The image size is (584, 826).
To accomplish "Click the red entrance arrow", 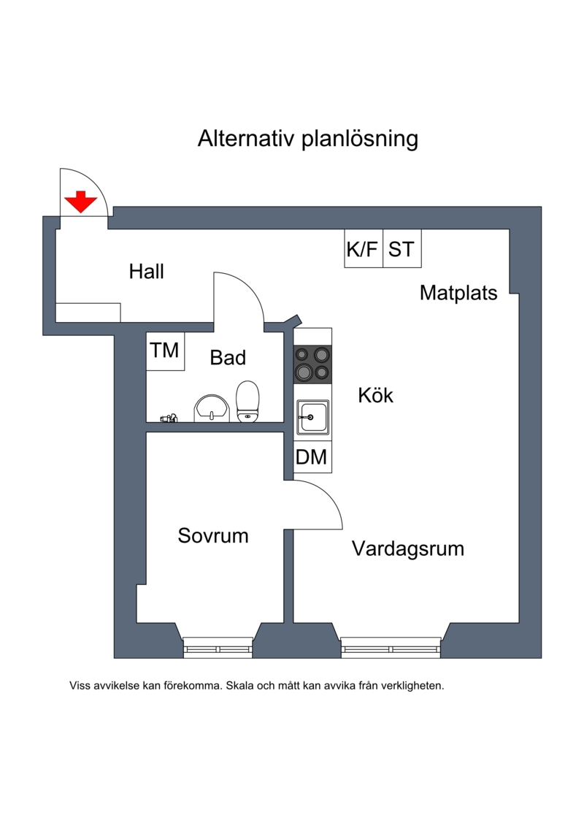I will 80,202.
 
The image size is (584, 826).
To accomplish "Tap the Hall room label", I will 146,272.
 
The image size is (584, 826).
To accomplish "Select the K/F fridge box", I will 363,249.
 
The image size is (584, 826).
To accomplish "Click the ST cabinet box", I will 401,249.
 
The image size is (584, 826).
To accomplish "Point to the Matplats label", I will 458,293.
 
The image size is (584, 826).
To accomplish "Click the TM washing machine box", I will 165,351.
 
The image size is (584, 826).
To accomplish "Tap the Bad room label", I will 228,358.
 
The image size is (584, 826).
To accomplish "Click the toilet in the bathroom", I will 248,402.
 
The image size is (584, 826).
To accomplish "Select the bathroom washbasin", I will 212,408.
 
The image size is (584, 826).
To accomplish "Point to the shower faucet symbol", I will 169,418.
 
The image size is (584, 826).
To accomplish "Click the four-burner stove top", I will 312,364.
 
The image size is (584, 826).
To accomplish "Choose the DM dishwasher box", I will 311,458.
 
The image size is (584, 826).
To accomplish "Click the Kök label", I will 375,396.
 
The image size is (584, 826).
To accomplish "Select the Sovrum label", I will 213,536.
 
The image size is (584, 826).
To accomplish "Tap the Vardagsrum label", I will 408,548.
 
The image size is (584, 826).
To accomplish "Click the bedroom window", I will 218,647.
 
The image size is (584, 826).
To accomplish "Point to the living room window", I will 391,647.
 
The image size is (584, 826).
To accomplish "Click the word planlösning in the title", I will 360,139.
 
